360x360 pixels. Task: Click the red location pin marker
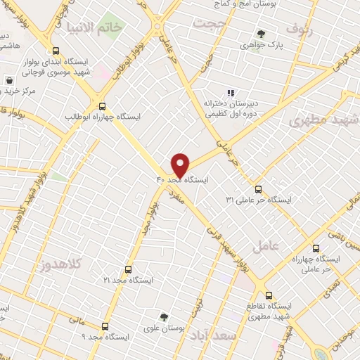pyautogui.click(x=180, y=165)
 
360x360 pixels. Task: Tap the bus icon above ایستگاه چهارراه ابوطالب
pyautogui.click(x=102, y=105)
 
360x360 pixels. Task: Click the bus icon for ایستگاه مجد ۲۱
pyautogui.click(x=127, y=269)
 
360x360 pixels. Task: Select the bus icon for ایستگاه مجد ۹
pyautogui.click(x=105, y=326)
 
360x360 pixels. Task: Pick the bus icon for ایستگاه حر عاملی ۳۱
pyautogui.click(x=258, y=189)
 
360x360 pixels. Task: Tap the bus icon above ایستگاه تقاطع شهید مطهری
pyautogui.click(x=268, y=295)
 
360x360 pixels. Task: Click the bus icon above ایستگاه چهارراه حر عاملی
pyautogui.click(x=315, y=247)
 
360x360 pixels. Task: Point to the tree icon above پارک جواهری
pyautogui.click(x=261, y=33)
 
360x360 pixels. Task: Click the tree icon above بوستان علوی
pyautogui.click(x=163, y=316)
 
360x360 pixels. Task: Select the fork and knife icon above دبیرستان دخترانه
pyautogui.click(x=229, y=91)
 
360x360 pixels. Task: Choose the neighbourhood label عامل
pyautogui.click(x=266, y=246)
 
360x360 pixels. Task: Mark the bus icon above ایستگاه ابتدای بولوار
pyautogui.click(x=56, y=50)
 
